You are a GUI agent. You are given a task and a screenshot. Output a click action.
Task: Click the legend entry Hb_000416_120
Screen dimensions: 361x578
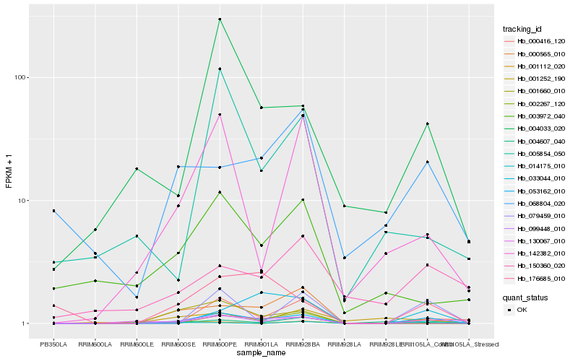(x=535, y=42)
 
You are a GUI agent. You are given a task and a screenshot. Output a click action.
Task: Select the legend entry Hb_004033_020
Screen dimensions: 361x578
(x=535, y=129)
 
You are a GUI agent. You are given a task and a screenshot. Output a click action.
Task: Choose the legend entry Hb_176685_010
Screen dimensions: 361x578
(x=535, y=278)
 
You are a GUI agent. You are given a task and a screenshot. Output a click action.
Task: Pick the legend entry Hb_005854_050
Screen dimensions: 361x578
(x=535, y=154)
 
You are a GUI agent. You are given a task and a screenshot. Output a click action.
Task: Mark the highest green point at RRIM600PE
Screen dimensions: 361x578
(x=220, y=19)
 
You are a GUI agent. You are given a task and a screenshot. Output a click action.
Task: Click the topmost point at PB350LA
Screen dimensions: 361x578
(x=53, y=211)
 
